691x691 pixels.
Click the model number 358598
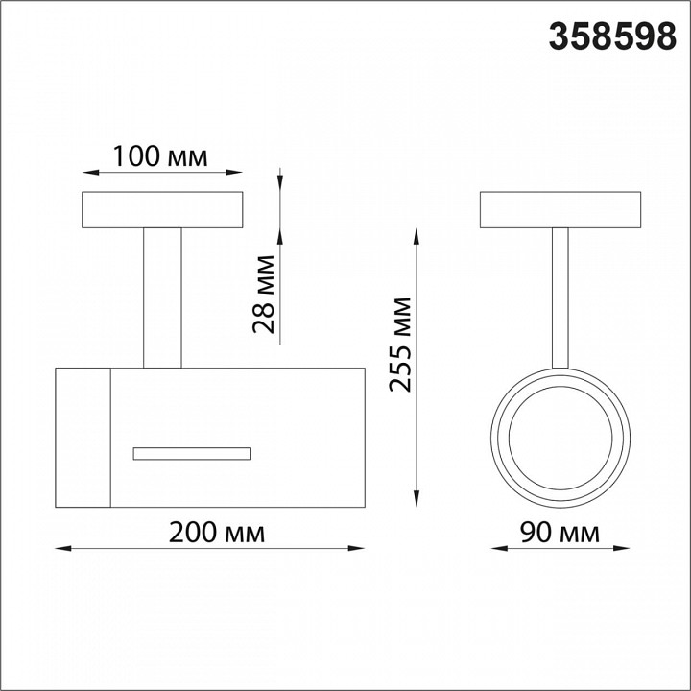tap(612, 36)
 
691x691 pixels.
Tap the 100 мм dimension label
tap(160, 156)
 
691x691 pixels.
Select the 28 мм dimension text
tap(264, 294)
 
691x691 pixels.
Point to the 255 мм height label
tap(400, 345)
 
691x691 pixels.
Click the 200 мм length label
tap(217, 533)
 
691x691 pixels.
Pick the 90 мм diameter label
tap(560, 533)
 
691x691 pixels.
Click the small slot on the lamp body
tap(192, 453)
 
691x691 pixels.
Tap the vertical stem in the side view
tap(162, 298)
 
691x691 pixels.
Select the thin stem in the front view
tap(560, 298)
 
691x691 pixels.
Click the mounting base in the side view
tap(162, 210)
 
